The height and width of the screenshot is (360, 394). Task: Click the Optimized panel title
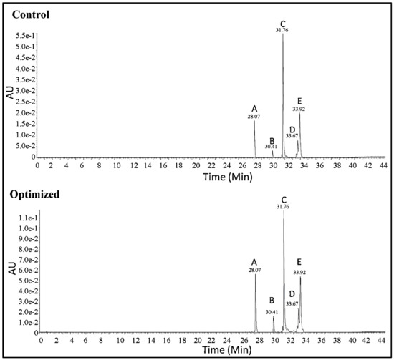pyautogui.click(x=32, y=193)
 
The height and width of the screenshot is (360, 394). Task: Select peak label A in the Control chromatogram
pyautogui.click(x=254, y=108)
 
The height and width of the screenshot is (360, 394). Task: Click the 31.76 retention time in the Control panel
pyautogui.click(x=283, y=31)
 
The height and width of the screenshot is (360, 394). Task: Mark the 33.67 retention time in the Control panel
pyautogui.click(x=292, y=135)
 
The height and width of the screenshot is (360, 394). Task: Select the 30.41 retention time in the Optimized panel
pyautogui.click(x=272, y=312)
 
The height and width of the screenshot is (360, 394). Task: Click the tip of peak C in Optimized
pyautogui.click(x=284, y=211)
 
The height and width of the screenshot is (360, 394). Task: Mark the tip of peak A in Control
pyautogui.click(x=254, y=120)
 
